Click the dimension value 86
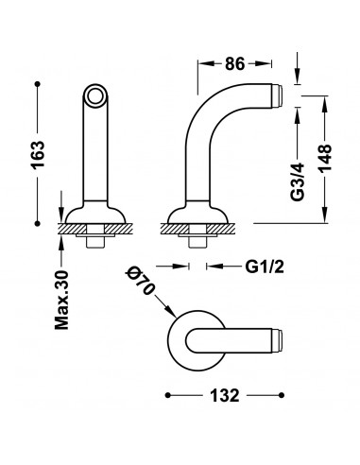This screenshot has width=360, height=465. point(234,64)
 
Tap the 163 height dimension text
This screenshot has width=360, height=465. point(39,155)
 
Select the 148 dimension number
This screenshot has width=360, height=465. point(325,158)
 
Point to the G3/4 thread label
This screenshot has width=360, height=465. point(298,181)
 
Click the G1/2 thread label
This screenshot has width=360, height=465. point(265,267)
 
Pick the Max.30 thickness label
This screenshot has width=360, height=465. point(61,300)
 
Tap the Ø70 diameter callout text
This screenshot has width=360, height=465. point(141,281)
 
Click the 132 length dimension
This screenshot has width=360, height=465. point(225,395)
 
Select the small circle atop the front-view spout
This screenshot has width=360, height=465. point(95,95)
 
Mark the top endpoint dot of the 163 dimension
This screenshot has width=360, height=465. point(38,84)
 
